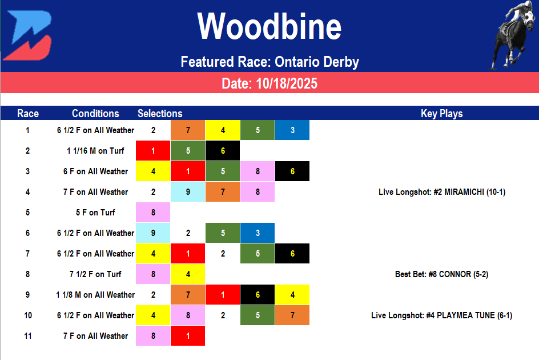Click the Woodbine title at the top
coord(269,27)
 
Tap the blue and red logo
coord(31,35)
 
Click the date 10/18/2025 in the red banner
coord(269,84)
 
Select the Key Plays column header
coord(441,113)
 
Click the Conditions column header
coord(95,113)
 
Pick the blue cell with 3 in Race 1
coord(292,130)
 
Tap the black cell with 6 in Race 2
coord(223,151)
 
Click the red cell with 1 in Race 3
coord(188,171)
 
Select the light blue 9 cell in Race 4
coord(188,192)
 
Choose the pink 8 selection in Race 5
coord(153,213)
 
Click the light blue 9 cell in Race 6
coord(153,233)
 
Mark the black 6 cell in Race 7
coord(292,254)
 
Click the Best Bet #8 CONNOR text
coord(441,274)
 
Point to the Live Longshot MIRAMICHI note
coord(441,192)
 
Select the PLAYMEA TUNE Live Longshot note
coord(441,315)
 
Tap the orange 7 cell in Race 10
coord(292,315)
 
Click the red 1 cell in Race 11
coord(188,336)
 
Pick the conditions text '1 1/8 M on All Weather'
coord(95,295)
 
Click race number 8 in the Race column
coord(27,274)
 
